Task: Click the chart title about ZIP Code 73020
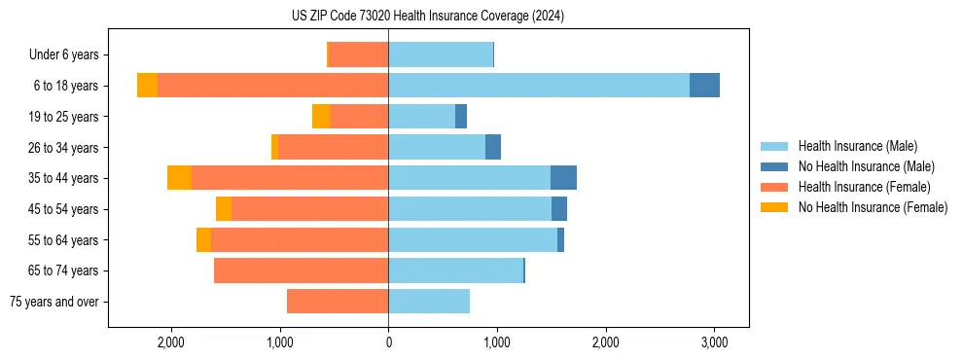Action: point(427,17)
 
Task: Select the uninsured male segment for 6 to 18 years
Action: point(704,86)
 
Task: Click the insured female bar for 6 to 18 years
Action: point(272,86)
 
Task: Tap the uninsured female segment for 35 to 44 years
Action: point(179,178)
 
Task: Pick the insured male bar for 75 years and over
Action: point(429,302)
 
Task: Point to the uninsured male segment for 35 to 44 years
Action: point(563,178)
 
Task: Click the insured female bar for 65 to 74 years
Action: point(301,270)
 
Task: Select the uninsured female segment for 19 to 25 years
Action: point(321,117)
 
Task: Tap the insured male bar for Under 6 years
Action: point(441,54)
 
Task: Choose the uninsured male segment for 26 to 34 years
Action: point(493,147)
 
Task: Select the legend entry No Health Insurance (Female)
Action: point(873,207)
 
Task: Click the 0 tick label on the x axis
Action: point(388,342)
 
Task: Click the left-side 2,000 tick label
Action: point(171,342)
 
